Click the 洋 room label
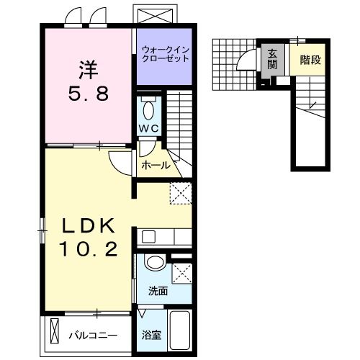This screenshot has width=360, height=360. [87, 70]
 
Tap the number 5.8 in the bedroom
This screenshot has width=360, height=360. [88, 94]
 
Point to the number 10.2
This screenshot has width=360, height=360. [87, 250]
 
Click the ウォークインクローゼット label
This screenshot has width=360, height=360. [165, 54]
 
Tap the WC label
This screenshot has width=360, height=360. [148, 129]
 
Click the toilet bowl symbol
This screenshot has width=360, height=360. [148, 110]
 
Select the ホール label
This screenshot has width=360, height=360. [156, 165]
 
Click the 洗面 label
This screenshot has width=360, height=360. [158, 292]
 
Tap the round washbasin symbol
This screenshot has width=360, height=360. [153, 262]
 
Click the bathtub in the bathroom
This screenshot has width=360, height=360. [179, 332]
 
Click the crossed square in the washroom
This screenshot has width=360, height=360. [182, 273]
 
